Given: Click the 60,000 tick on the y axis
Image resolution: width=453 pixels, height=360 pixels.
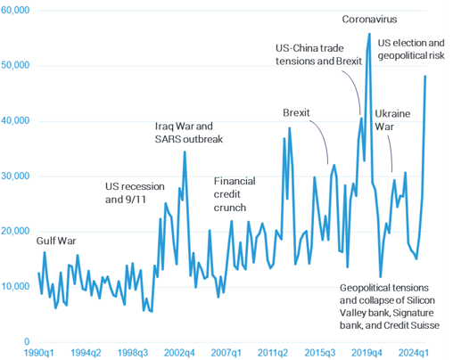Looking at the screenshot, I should [16, 10].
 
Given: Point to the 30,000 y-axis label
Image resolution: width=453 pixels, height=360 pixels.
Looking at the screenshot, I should [16, 176].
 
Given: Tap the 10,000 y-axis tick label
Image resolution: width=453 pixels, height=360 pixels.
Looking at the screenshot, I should [16, 286].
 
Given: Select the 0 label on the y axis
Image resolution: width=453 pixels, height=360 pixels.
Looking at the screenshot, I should [28, 341].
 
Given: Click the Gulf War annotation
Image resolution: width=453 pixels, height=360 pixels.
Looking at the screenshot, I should [58, 241].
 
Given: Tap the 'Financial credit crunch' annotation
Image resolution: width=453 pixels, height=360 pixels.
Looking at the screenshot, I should [235, 193].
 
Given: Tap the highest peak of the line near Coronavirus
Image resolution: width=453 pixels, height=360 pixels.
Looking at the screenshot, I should [369, 34].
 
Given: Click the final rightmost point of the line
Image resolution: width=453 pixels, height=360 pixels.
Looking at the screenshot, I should [425, 76].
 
